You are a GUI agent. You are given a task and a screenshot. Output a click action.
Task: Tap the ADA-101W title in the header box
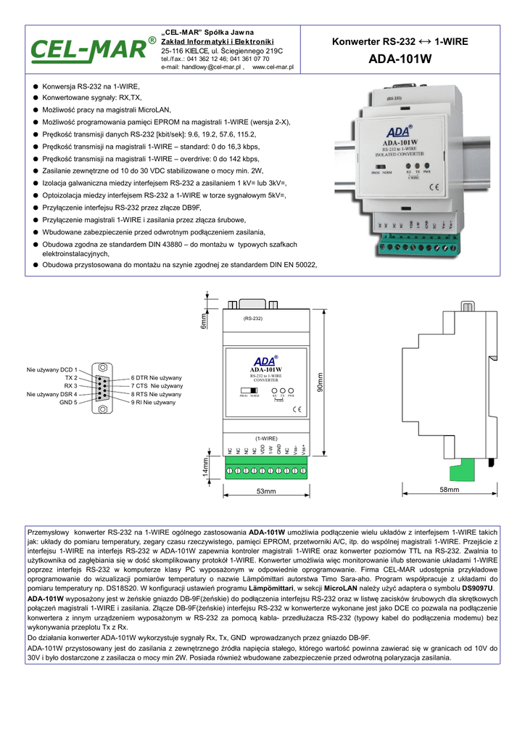click(x=399, y=59)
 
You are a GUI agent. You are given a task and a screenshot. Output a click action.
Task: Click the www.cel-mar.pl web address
click(x=273, y=67)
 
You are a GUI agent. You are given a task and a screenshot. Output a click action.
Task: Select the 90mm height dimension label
click(x=320, y=383)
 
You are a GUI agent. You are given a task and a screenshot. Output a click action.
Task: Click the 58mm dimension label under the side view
click(x=450, y=491)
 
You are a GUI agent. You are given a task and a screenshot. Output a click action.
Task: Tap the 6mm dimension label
click(x=204, y=319)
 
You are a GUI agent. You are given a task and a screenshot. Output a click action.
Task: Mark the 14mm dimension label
click(x=204, y=468)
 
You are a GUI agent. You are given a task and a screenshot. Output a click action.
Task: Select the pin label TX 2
click(x=70, y=378)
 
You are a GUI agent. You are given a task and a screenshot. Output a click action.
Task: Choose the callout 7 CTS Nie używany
click(x=157, y=387)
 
